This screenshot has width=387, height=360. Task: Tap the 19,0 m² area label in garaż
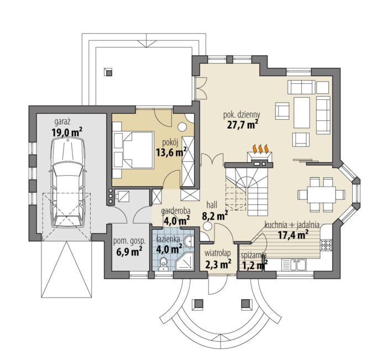pos(67,133)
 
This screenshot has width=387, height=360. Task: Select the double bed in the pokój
pos(133,150)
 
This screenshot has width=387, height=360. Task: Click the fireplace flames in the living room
pos(260,149)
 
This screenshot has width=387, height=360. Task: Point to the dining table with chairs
pos(321,194)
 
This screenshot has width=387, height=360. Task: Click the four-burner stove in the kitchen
pos(325,245)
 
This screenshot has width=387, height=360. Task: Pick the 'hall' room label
pos(212,205)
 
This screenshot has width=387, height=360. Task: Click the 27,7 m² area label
pos(243,124)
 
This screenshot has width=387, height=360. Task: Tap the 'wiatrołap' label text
pos(218,253)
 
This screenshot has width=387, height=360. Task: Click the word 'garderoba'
pos(175,211)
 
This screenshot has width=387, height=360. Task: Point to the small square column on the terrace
pos(108,72)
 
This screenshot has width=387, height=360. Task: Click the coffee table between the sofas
pos(302,113)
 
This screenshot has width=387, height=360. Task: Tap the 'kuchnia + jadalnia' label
pos(292,225)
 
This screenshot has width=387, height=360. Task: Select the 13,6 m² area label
pos(171,152)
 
